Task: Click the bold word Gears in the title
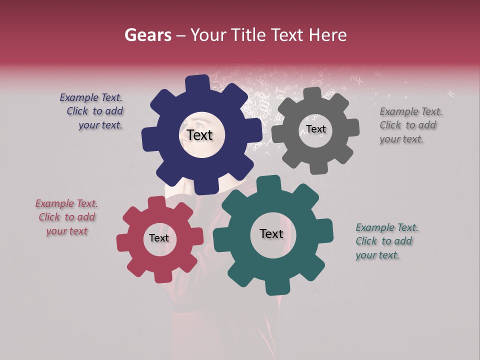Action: (x=147, y=35)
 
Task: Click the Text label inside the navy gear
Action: (x=199, y=135)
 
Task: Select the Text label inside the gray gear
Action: (x=316, y=129)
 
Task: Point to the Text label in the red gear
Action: (x=159, y=238)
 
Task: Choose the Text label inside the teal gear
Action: (x=271, y=233)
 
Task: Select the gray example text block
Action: (x=410, y=125)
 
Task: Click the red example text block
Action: (x=66, y=217)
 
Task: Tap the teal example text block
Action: (x=386, y=241)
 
